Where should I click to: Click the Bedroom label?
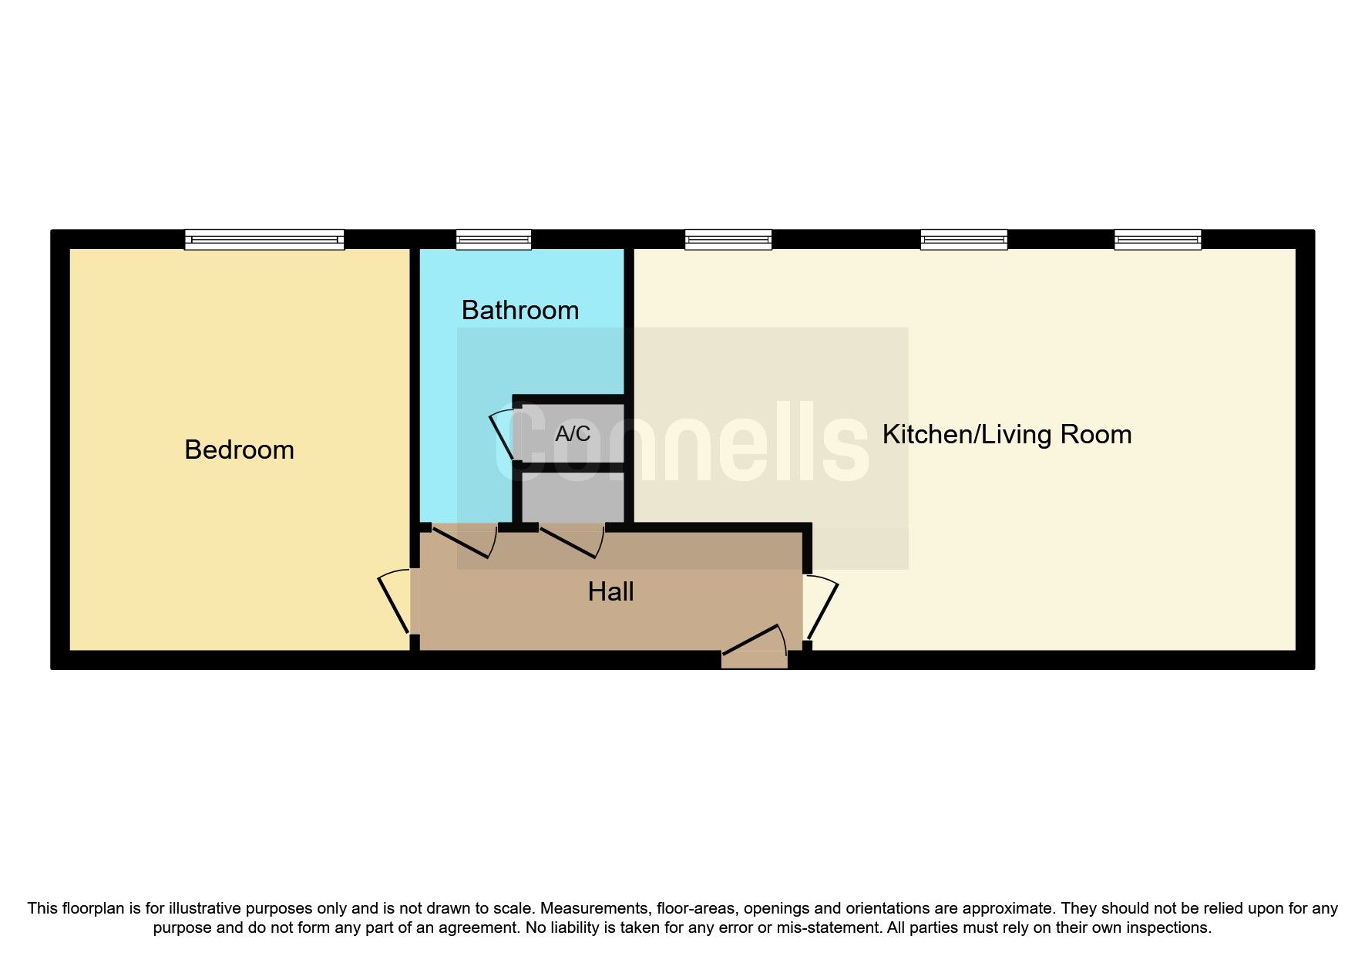(x=239, y=449)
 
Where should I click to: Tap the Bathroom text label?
(x=520, y=310)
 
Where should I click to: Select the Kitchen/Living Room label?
(x=1007, y=434)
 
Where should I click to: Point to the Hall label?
(x=610, y=591)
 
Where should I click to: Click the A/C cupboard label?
(x=573, y=434)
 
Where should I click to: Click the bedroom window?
(x=264, y=240)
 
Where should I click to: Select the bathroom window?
(x=493, y=240)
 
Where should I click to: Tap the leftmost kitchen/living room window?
(x=728, y=240)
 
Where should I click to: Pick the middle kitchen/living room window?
(x=963, y=240)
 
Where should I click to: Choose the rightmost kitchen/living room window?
(x=1158, y=240)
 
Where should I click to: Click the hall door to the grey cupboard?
(x=571, y=542)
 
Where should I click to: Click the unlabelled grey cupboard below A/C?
(x=573, y=497)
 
